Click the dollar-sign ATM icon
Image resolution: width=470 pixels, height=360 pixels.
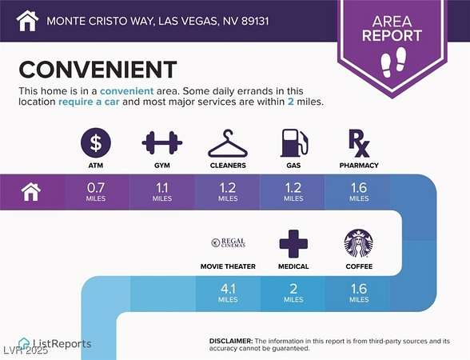(96, 142)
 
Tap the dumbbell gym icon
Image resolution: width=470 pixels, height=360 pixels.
(161, 142)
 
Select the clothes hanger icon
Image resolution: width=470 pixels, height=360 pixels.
(228, 143)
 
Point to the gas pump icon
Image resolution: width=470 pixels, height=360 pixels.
(294, 143)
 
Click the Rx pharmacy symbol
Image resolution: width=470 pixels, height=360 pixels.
(359, 143)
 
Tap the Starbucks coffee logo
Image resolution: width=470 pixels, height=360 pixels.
(358, 243)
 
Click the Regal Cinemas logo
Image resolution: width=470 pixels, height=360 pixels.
(229, 242)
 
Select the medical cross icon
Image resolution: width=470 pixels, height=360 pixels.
(293, 243)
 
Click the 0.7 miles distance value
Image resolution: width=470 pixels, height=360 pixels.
(96, 192)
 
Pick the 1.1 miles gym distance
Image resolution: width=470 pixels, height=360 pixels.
(161, 192)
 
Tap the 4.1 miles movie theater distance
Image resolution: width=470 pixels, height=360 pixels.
(228, 293)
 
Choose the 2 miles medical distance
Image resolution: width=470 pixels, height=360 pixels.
(293, 293)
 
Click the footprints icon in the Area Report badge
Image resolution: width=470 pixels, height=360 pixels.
(393, 62)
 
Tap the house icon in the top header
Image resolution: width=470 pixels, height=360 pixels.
(27, 21)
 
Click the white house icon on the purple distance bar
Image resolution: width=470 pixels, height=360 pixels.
(31, 192)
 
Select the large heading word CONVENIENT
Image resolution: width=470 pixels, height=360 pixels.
(98, 70)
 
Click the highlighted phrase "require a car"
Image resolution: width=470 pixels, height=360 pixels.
(89, 102)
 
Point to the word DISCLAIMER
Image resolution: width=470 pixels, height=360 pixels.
(231, 341)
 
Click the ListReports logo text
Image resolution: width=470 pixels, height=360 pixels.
(62, 344)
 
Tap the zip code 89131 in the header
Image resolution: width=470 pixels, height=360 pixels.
(255, 21)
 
